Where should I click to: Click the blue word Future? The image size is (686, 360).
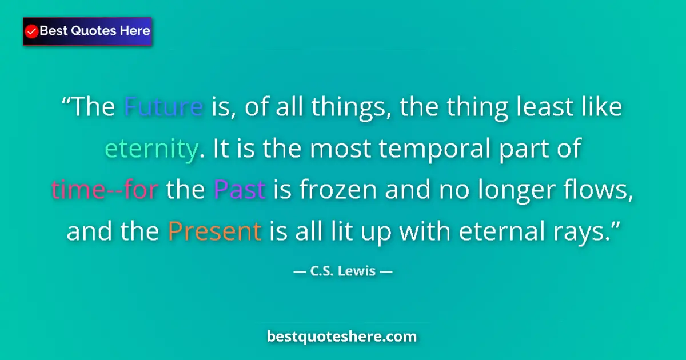tap(163, 107)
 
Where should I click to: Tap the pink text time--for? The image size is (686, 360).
tap(105, 190)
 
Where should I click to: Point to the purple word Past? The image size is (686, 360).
tap(240, 190)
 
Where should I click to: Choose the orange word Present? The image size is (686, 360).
tap(214, 231)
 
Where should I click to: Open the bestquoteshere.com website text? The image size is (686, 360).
tap(342, 337)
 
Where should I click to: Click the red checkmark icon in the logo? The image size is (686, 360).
tap(32, 31)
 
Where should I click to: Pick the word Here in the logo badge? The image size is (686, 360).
tap(134, 31)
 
